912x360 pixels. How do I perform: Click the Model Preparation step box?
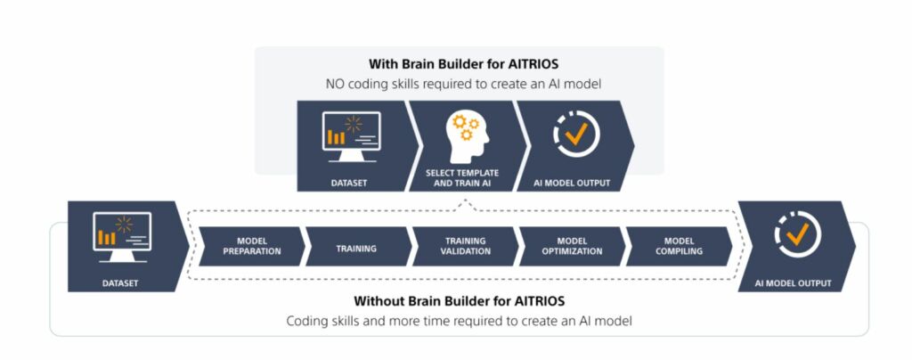tap(251, 247)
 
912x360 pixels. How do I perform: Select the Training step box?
tap(356, 247)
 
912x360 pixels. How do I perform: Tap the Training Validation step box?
tap(464, 247)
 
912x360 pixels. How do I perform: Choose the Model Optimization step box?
tap(571, 247)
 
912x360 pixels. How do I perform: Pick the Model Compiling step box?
tap(678, 247)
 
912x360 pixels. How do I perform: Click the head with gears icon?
tap(467, 136)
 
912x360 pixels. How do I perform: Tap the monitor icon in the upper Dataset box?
tap(351, 136)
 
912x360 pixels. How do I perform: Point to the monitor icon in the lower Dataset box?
tap(122, 237)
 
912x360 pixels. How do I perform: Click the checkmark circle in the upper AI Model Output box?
tap(576, 135)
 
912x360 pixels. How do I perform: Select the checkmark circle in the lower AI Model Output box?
tap(798, 234)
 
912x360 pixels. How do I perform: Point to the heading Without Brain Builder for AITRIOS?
tap(459, 301)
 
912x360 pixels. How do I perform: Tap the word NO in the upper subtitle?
tap(335, 85)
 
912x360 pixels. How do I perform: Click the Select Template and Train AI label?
tap(462, 178)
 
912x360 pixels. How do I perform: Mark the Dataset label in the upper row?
tap(349, 184)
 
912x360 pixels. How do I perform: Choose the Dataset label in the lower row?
tap(120, 283)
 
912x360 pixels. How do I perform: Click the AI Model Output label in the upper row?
tap(572, 184)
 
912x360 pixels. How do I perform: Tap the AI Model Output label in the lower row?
tap(794, 283)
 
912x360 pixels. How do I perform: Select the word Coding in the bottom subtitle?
tap(305, 321)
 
